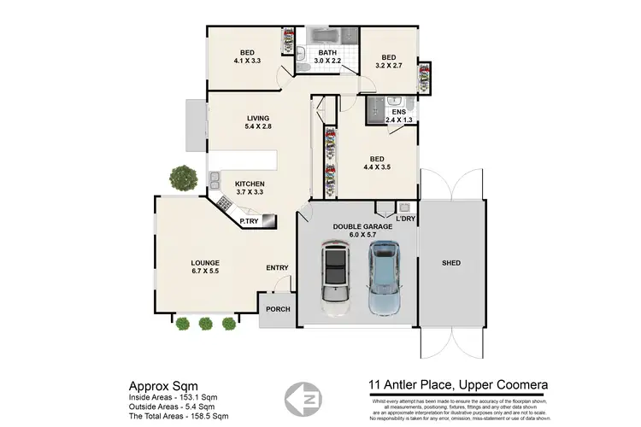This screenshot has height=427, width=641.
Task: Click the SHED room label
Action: coord(451,263)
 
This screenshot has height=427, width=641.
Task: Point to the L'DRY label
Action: coord(405,219)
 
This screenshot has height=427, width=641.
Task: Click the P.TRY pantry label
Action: coord(249,222)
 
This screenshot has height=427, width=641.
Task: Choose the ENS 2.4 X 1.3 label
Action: coord(397,117)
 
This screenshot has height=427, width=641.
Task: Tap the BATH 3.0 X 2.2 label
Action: coord(328,57)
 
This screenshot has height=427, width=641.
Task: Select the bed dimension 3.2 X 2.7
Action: coord(388,64)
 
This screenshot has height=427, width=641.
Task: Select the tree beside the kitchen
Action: coord(181,178)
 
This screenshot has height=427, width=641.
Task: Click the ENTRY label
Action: coord(277,268)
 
